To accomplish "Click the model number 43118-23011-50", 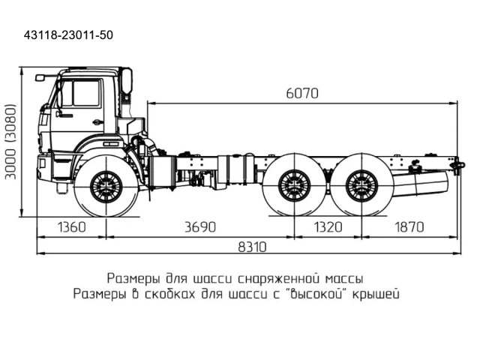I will pos(69,35).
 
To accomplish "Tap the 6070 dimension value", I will pos(302,94).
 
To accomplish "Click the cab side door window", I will pos(86,94).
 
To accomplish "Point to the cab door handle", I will pos(97,122).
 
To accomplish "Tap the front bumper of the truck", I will pos(43,164).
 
